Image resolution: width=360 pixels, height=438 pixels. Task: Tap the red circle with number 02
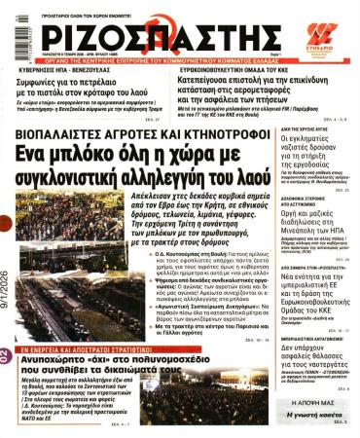point(9,354)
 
